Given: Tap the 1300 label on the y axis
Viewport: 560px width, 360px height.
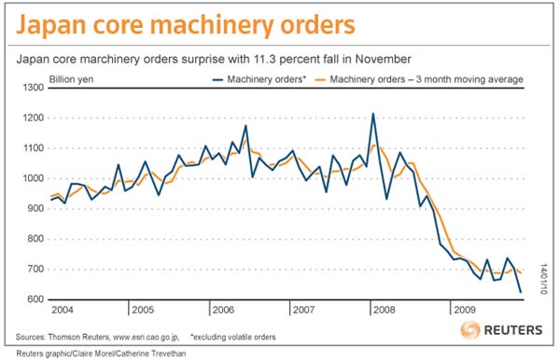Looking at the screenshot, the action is (34, 88).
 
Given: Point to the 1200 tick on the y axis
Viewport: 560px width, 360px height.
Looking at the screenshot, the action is (34, 118).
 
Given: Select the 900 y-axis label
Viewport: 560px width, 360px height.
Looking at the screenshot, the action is (35, 209).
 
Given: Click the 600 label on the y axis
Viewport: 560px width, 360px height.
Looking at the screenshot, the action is (35, 299).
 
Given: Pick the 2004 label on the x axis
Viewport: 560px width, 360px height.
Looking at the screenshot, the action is (63, 310).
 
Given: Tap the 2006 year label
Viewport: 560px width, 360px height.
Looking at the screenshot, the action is (223, 310).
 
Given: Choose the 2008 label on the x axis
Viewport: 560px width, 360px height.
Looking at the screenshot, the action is (385, 310).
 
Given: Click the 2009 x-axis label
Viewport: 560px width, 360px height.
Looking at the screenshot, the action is (465, 310).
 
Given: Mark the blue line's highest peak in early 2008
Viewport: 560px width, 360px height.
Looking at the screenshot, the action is (373, 114).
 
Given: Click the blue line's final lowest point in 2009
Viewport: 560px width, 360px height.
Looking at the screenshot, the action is (521, 292).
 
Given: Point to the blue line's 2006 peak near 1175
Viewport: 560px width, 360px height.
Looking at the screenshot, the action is (245, 126).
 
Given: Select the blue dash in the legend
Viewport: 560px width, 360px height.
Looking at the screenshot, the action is (217, 79).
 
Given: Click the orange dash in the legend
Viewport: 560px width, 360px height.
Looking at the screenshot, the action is (320, 79).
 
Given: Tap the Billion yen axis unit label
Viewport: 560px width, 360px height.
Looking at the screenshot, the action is (71, 79).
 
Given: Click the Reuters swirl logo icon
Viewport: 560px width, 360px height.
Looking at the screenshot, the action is (470, 329).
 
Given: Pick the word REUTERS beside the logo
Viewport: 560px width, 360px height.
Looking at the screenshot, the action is (513, 330).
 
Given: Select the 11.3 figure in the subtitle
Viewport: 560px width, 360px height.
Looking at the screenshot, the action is (264, 59).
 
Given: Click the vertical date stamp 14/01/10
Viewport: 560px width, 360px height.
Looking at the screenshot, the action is (543, 279).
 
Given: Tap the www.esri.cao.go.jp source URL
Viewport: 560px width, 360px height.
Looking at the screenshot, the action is (147, 338).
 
